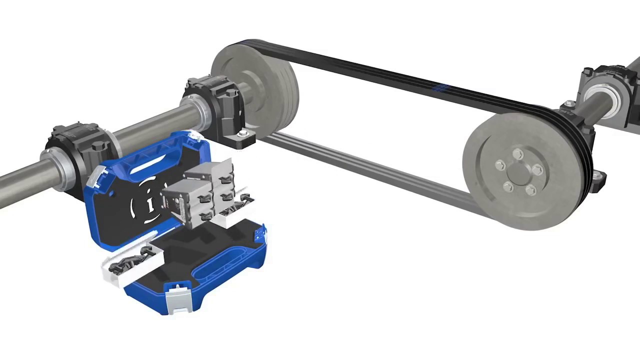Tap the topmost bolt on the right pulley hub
(x=518, y=154)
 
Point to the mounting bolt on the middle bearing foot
(x=243, y=133)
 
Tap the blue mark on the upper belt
(x=440, y=88)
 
